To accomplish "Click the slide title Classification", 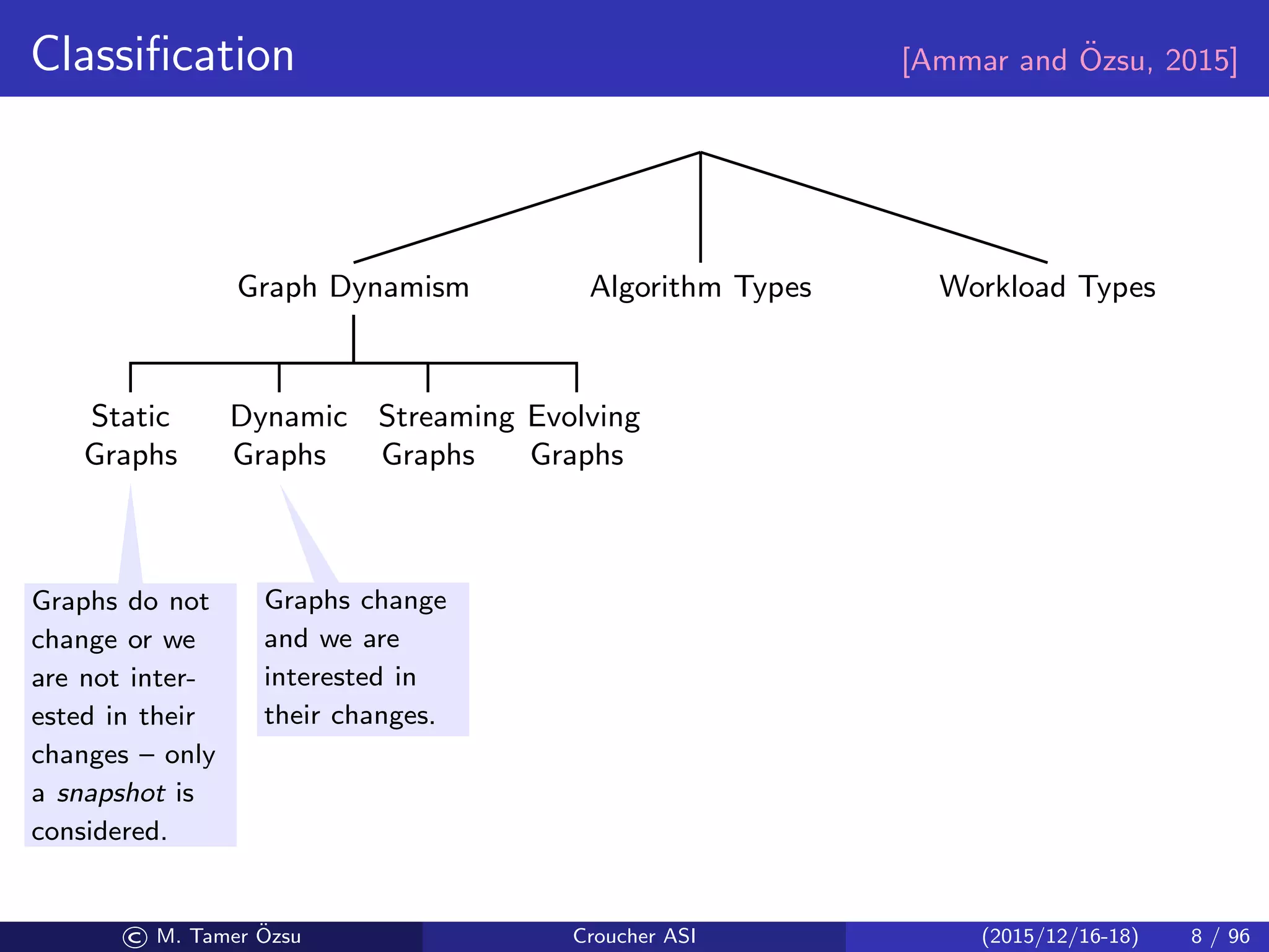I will coord(162,55).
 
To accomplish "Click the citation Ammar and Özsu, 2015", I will coord(1069,61).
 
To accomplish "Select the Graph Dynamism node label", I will coord(353,288).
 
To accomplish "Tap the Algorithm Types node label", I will coord(700,288).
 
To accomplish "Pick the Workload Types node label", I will coord(1047,288).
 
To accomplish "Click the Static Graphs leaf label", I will coord(131,435).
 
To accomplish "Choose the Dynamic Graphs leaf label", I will coord(288,435).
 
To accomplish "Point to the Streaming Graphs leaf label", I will coord(446,435).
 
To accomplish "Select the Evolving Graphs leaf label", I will coord(583,435).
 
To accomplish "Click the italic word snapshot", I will coord(111,793).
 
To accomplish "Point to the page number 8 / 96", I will coord(1219,936).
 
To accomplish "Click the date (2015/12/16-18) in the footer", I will coord(1060,936).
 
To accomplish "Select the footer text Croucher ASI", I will coord(634,936).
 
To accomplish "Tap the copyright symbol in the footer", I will coord(135,937).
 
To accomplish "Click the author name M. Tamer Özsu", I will coord(229,936).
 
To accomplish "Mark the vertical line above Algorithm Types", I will coord(700,208).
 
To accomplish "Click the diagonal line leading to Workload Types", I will coord(874,208).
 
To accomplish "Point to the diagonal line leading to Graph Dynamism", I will coord(527,208).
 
